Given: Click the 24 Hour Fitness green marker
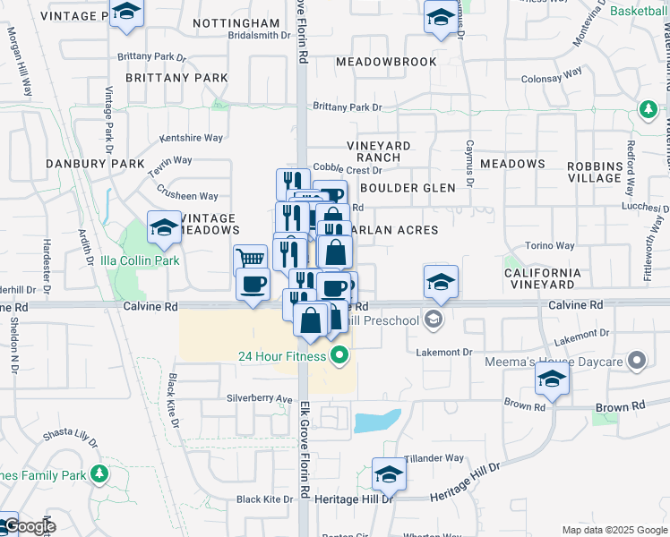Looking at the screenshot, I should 339,357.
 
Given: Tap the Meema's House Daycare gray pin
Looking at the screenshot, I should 637,362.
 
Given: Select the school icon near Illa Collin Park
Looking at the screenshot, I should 165,229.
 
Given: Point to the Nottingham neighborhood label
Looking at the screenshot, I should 236,22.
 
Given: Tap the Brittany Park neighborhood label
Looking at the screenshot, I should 176,78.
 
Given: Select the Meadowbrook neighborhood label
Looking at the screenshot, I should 386,62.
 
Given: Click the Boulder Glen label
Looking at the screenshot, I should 408,188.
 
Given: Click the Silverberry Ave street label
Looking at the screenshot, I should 260,398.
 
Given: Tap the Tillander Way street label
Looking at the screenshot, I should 434,458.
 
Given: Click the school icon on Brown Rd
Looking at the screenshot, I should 552,379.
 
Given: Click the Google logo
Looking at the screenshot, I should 29,526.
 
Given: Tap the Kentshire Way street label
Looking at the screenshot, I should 191,138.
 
